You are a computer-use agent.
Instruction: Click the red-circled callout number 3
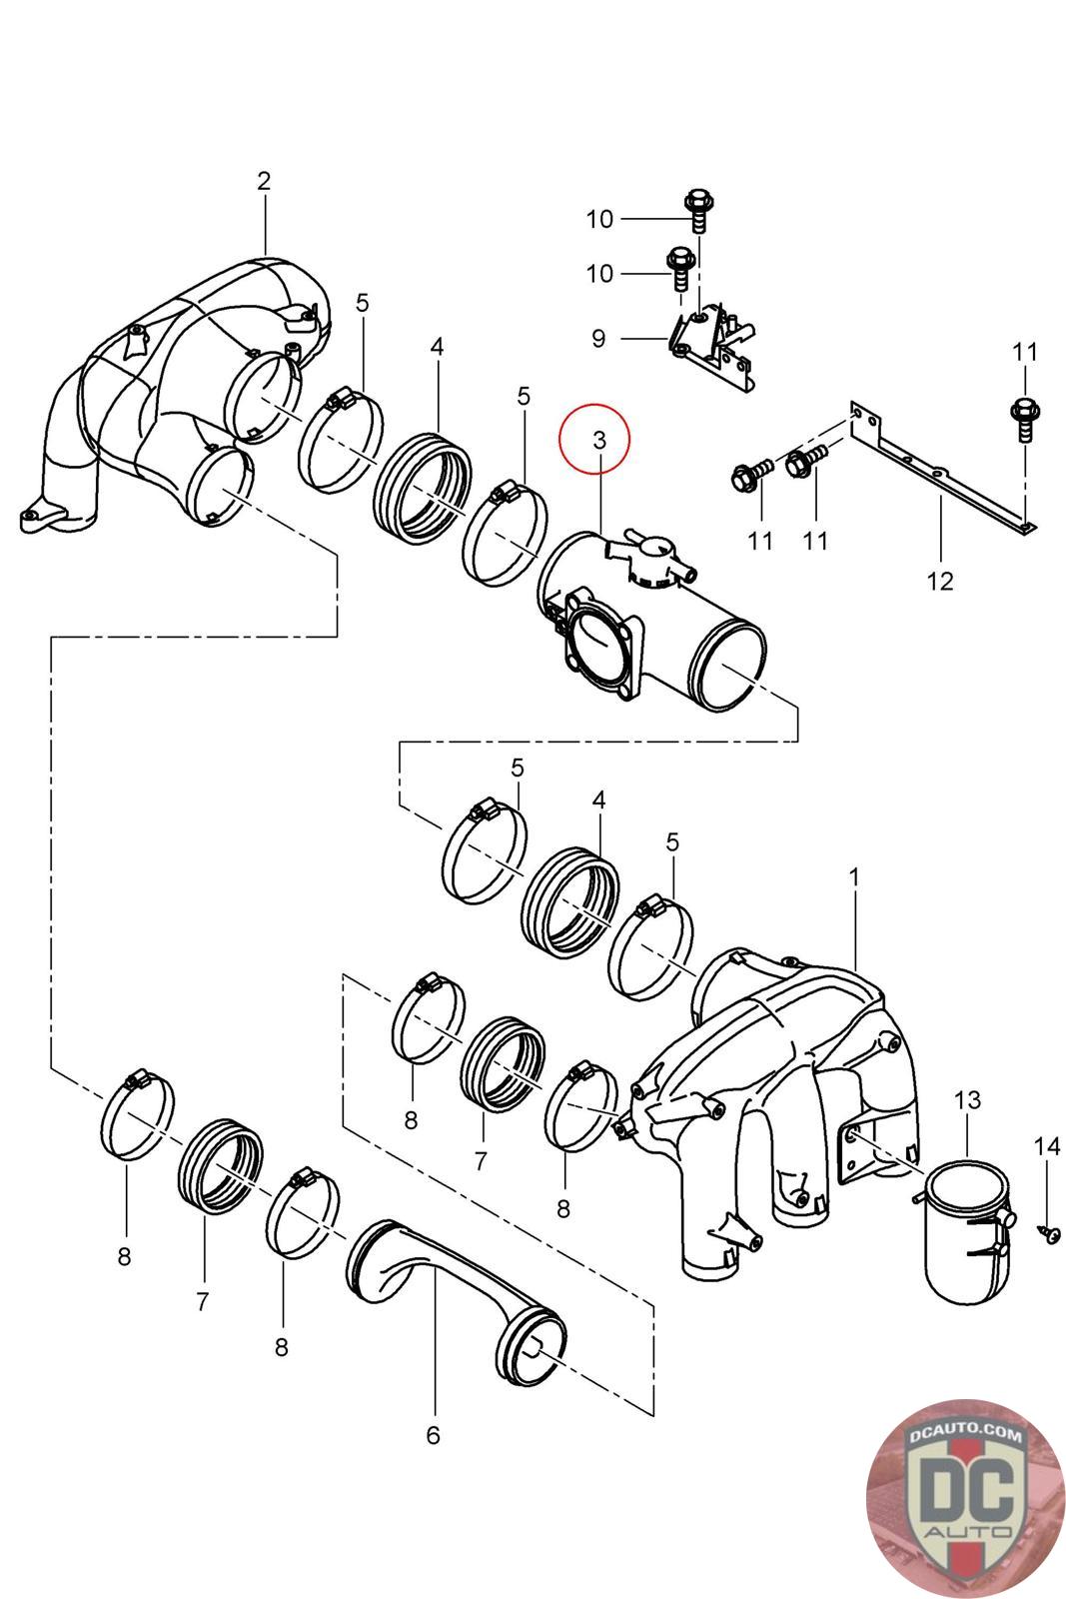click(x=598, y=440)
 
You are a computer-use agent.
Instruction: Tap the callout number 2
click(x=264, y=181)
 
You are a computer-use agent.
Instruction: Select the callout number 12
click(x=940, y=582)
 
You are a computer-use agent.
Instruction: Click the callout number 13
click(x=967, y=1100)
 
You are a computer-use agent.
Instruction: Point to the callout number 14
click(x=1047, y=1146)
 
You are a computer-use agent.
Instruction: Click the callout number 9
click(x=597, y=339)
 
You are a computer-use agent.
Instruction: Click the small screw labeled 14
click(x=1048, y=1232)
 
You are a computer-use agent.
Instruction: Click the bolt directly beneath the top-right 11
click(x=1025, y=421)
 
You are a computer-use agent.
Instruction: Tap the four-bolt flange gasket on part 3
click(x=596, y=644)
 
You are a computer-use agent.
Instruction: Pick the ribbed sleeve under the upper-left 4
click(x=423, y=489)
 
